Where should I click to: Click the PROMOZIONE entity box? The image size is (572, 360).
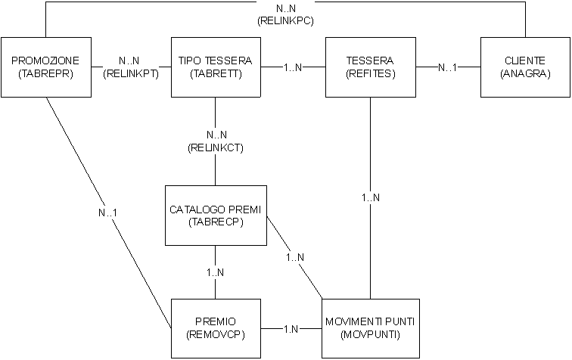[x=45, y=67]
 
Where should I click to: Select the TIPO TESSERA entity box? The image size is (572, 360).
[x=216, y=67]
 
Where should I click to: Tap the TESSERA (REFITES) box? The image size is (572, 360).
[x=369, y=67]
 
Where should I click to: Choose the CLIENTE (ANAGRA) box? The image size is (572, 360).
[x=524, y=67]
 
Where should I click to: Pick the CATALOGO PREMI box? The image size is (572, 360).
[x=216, y=215]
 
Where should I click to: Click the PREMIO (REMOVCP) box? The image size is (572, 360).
[x=216, y=328]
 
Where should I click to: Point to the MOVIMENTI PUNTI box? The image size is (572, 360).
[x=369, y=328]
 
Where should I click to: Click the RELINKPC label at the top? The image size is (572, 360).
[x=286, y=21]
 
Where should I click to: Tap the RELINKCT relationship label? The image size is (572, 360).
[x=216, y=147]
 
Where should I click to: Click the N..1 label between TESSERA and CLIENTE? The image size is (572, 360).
[x=447, y=67]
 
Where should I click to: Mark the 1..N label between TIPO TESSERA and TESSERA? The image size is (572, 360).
[x=293, y=67]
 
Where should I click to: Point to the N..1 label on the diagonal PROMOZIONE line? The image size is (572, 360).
[x=107, y=213]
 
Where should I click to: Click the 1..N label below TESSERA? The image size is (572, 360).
[x=370, y=197]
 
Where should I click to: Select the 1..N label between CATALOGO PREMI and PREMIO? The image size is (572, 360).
[x=216, y=272]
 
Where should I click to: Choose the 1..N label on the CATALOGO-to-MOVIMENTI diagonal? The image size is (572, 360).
[x=295, y=257]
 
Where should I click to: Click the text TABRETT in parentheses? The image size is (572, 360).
[x=216, y=73]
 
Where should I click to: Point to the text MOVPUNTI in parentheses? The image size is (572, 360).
[x=369, y=334]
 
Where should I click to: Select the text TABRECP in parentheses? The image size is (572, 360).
[x=216, y=222]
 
